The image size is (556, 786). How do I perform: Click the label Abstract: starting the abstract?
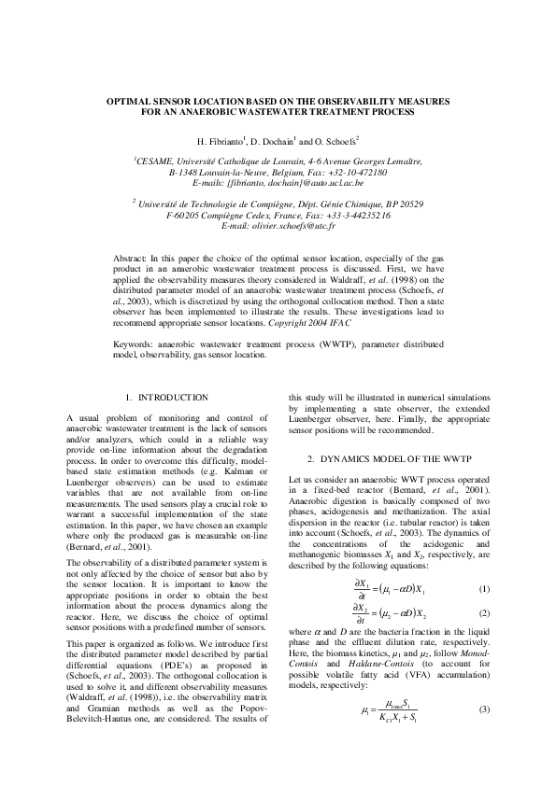click(x=131, y=255)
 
